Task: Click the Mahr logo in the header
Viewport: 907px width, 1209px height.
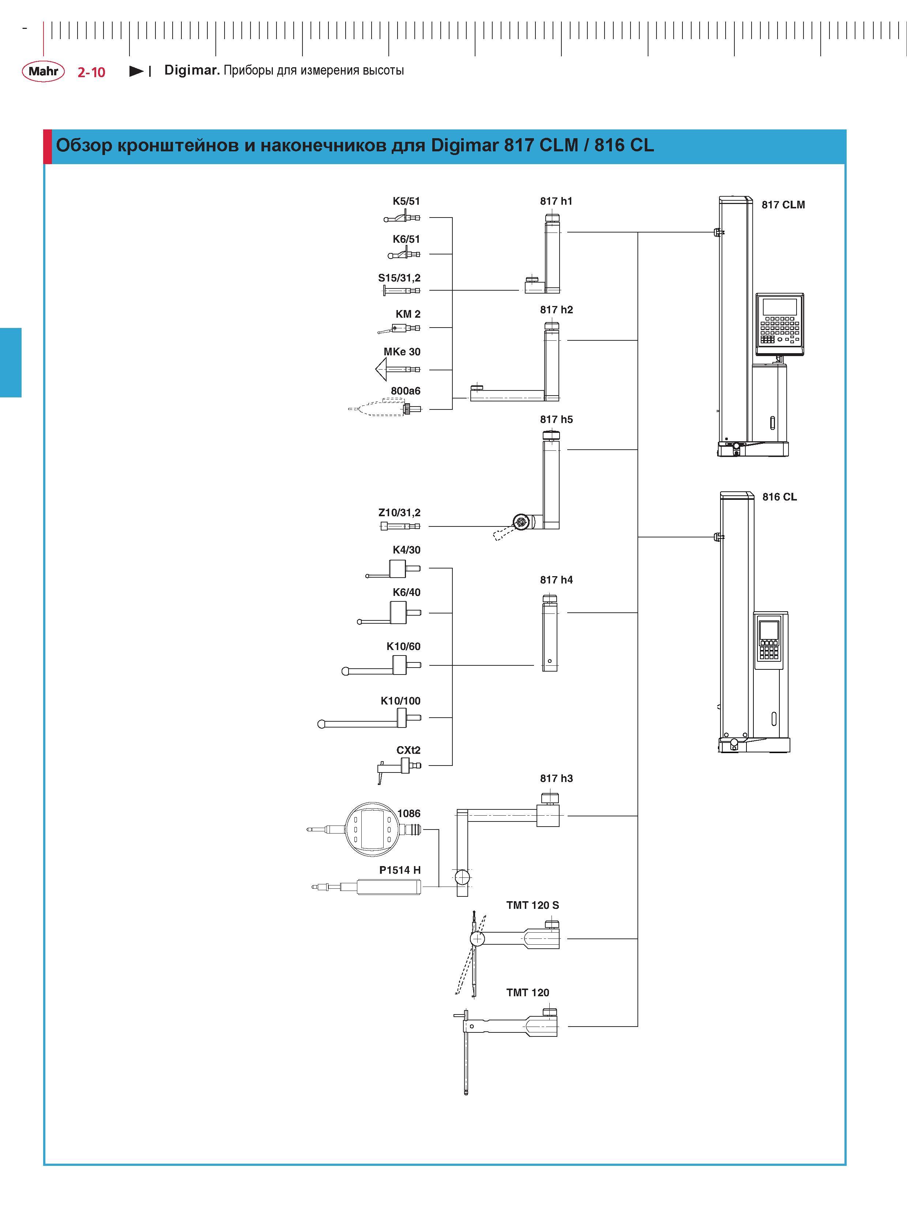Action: pos(43,71)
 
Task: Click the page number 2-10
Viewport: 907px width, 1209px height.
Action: pos(91,72)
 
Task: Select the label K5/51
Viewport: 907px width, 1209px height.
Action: pos(406,201)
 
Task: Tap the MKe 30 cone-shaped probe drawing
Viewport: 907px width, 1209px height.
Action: pos(398,370)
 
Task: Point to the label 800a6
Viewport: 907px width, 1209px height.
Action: pos(406,391)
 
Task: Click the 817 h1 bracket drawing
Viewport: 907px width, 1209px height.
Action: pos(543,254)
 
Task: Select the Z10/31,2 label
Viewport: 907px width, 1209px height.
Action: pos(400,513)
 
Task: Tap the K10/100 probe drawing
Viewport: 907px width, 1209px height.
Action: pos(369,719)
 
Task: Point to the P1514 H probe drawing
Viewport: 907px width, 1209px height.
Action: pos(366,887)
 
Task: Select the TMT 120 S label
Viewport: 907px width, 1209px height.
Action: pos(532,905)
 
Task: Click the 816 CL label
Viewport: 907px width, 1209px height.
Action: pos(780,497)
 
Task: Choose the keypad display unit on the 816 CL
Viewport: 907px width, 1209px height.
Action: pos(770,641)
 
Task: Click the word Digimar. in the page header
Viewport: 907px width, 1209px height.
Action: pos(192,71)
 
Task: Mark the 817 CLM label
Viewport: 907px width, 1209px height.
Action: pos(783,205)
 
